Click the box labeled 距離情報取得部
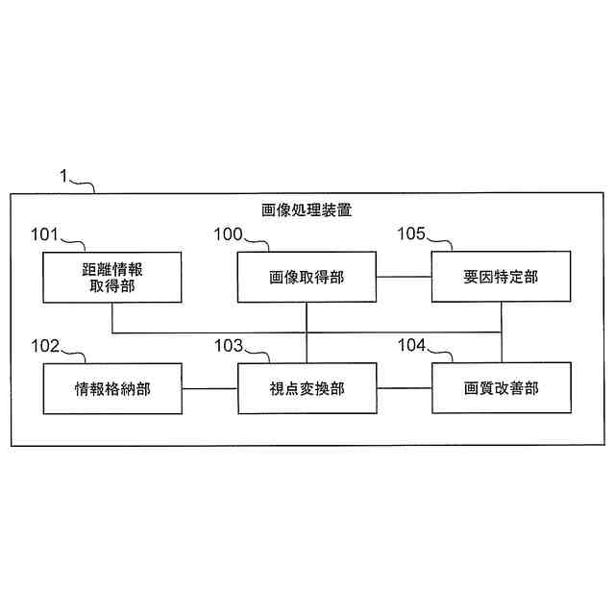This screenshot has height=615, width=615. [112, 277]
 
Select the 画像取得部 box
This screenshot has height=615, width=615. [307, 277]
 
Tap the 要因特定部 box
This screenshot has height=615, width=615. [501, 277]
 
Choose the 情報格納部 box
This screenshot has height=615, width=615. [112, 388]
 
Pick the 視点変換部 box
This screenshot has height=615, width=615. [307, 388]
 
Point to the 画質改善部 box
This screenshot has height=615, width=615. [501, 388]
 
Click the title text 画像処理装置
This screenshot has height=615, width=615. [307, 209]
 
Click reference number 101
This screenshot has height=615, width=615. [44, 234]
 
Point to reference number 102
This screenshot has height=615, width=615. [44, 345]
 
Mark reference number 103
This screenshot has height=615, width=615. [228, 345]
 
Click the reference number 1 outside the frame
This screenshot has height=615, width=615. [63, 176]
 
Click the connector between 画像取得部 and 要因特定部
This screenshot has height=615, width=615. [403, 277]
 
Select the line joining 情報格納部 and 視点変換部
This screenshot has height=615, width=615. [209, 388]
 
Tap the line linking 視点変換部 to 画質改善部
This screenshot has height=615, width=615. [403, 388]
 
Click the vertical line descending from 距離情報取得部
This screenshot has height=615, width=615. [112, 318]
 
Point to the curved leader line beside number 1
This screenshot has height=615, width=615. [85, 183]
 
